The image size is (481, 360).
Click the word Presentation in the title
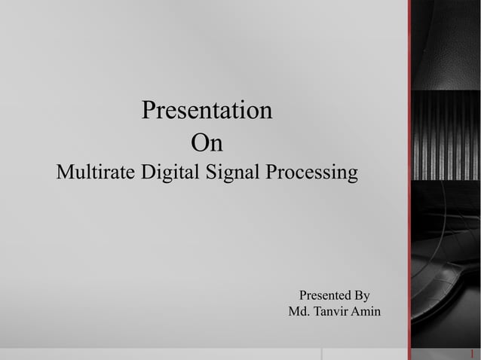click(207, 111)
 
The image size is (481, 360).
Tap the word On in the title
click(207, 142)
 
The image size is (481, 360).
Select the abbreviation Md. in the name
click(299, 312)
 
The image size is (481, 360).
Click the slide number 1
click(472, 353)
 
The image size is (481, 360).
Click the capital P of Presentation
click(149, 111)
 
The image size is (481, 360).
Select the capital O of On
click(199, 142)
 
